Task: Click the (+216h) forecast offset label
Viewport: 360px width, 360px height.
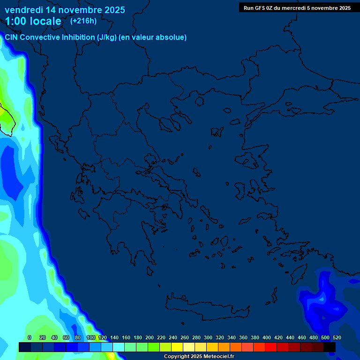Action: [83, 21]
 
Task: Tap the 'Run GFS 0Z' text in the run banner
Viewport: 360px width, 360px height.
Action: [258, 8]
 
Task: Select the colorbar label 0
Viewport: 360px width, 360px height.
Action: [30, 337]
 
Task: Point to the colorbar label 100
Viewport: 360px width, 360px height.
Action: [91, 337]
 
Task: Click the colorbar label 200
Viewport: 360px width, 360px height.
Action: [150, 337]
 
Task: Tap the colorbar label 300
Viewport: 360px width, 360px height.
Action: [208, 337]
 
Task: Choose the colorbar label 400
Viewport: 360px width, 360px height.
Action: [267, 337]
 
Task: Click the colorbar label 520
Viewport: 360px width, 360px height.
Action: [337, 337]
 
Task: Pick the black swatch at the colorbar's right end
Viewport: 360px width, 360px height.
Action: [330, 347]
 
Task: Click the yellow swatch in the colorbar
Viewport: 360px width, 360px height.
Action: [177, 347]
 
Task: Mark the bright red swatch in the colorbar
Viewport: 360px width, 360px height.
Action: [271, 347]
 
